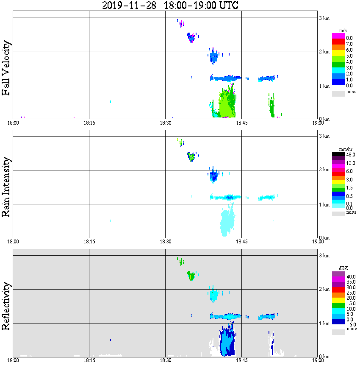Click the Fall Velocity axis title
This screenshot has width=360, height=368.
click(6, 68)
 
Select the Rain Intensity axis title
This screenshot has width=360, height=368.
click(6, 187)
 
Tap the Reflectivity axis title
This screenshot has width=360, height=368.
click(6, 307)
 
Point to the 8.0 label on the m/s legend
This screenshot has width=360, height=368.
click(349, 38)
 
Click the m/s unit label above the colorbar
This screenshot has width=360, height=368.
click(343, 31)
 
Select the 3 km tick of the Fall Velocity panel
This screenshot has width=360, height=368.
click(324, 17)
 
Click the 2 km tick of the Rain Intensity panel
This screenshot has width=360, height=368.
click(324, 170)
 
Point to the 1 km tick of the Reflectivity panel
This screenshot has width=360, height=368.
click(324, 323)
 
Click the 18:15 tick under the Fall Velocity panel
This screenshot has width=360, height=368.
click(89, 123)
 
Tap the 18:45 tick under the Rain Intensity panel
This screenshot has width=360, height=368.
click(241, 242)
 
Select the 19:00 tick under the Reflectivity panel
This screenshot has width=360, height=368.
click(318, 360)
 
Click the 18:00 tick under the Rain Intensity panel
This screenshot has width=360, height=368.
click(13, 242)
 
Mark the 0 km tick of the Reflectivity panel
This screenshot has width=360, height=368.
click(324, 357)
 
